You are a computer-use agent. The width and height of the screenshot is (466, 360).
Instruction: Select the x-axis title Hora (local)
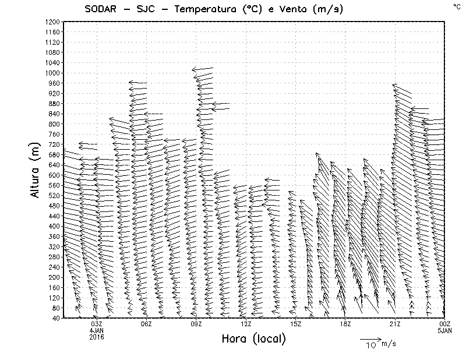click(253, 338)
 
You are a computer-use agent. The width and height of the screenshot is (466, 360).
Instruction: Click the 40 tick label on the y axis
click(55, 317)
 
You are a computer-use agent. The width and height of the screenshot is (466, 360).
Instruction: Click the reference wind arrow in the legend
click(370, 338)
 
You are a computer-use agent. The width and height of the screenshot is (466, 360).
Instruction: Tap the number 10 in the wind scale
click(370, 346)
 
